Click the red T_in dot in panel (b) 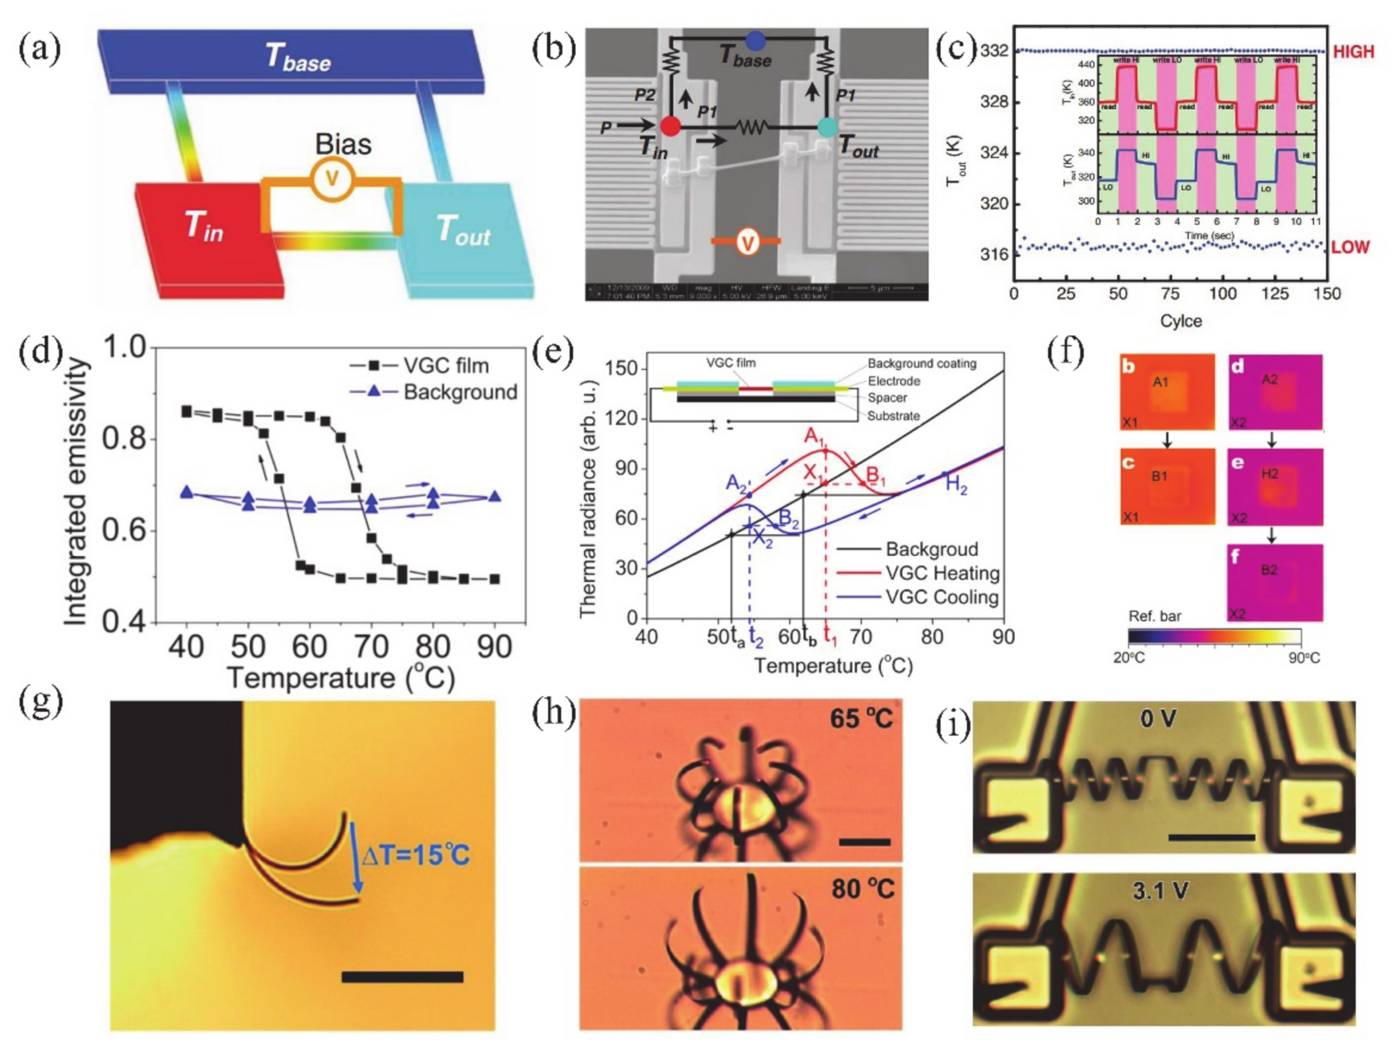point(670,126)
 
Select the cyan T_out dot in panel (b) point(828,126)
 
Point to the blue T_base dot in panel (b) point(756,42)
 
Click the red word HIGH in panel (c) point(1353,52)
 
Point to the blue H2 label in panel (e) point(956,485)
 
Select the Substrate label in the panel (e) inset point(893,416)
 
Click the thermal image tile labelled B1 point(1167,486)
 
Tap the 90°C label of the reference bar point(1304,658)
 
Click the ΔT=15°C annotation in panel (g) point(416,855)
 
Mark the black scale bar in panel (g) point(402,977)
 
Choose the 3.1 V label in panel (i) point(1159,890)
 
